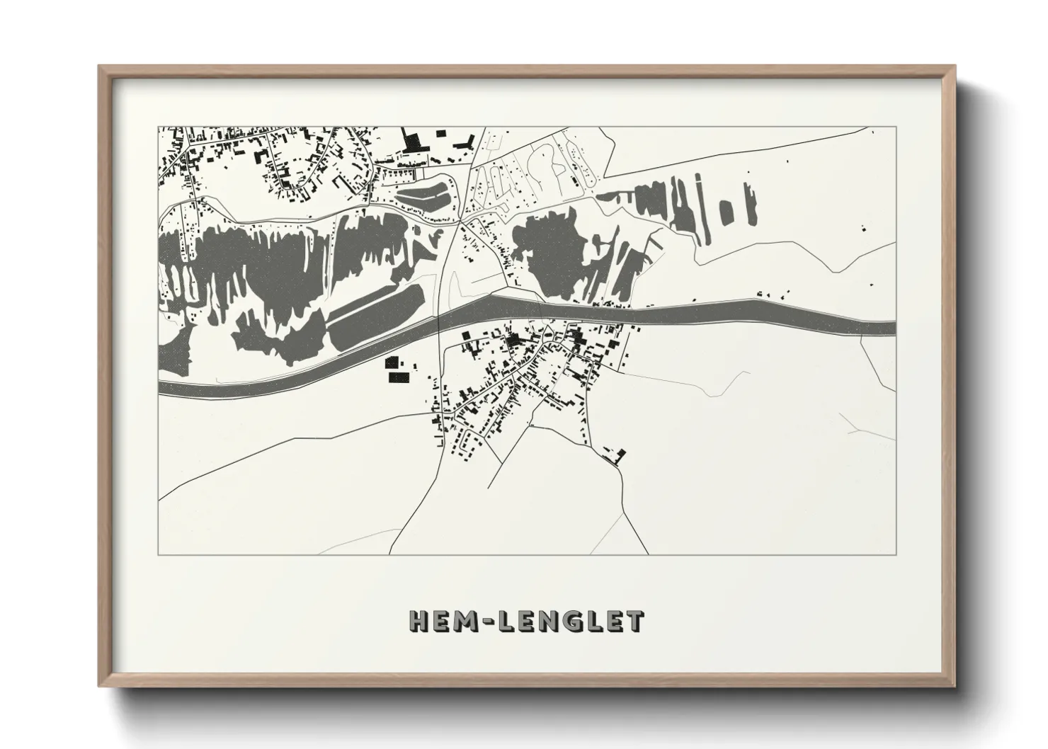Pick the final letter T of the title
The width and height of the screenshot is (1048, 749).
point(634,621)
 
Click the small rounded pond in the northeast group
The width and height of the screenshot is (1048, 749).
point(725,211)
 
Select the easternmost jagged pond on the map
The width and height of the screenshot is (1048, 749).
point(749,202)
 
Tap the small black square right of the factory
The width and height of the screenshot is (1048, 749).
point(441,133)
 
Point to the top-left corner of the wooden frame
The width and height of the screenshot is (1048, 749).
point(99,66)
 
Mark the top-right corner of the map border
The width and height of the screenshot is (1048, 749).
point(896,127)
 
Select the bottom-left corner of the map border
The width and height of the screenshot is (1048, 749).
point(158,555)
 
